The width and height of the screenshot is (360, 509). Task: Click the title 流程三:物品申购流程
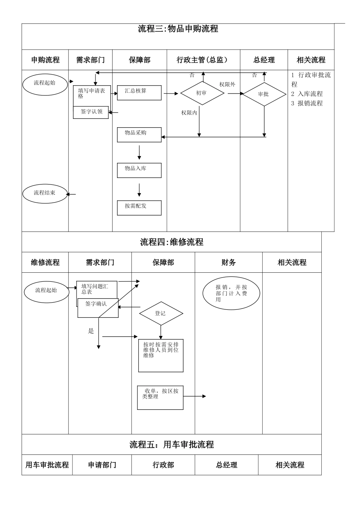(x=178, y=29)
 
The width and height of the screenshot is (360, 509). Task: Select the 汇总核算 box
(x=139, y=93)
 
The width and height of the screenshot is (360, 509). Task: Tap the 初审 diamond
(x=202, y=93)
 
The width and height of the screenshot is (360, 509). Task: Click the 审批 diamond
(x=264, y=94)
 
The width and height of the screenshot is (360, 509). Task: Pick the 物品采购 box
(x=139, y=134)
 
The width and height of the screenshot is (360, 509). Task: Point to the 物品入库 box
(x=139, y=170)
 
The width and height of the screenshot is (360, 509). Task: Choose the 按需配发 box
(x=139, y=208)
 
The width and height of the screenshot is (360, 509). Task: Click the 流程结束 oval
(x=45, y=193)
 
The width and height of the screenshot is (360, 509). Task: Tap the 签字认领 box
(x=91, y=112)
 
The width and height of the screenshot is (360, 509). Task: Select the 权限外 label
(x=227, y=84)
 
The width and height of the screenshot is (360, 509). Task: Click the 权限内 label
(x=189, y=112)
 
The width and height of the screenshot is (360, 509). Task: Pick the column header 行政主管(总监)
(x=203, y=60)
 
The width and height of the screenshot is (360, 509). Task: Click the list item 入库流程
(x=307, y=94)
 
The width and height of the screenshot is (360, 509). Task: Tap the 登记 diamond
(x=161, y=313)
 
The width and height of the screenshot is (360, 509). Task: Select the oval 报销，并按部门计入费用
(x=231, y=294)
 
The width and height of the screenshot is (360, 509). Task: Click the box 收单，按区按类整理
(x=160, y=397)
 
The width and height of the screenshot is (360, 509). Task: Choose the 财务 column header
(x=229, y=262)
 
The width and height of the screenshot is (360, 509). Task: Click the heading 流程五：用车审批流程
(x=172, y=445)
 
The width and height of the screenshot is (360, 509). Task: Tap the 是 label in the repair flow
(x=91, y=331)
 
